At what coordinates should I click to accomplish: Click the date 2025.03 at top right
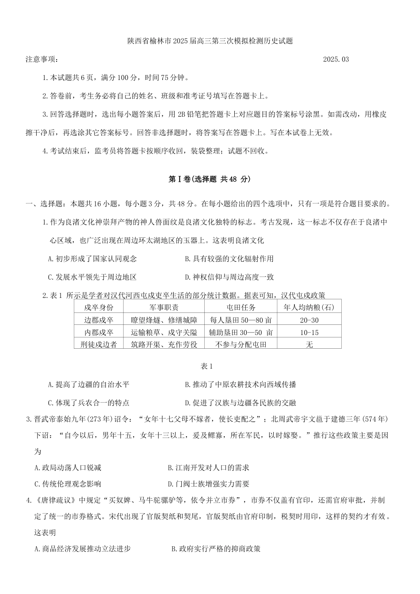point(336,59)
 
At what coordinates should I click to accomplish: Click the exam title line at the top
point(210,41)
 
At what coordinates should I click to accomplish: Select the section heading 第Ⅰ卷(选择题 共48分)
point(210,179)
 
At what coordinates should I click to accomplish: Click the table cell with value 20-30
point(309,320)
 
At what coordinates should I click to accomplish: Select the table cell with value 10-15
point(309,332)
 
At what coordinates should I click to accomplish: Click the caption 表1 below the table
point(207,366)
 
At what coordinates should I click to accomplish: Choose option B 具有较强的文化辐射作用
point(229,259)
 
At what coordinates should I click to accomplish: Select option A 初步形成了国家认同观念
point(92,259)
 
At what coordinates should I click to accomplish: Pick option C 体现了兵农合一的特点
point(88,403)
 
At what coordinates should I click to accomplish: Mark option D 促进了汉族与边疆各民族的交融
point(240,403)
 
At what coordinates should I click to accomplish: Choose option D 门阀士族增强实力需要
point(209,484)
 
